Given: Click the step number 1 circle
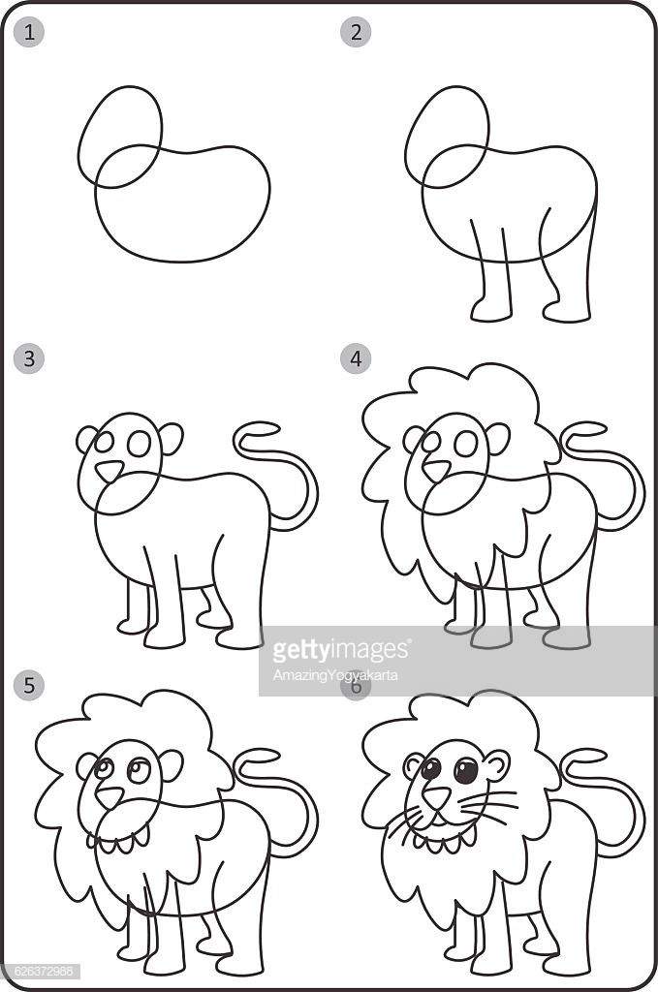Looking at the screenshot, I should point(30,32).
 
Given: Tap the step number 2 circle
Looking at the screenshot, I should point(357,32).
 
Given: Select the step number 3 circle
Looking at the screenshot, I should point(30,358).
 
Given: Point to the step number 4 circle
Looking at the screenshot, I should point(357,358).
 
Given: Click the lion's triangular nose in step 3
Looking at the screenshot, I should point(110,472).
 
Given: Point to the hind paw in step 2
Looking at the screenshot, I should point(567,312).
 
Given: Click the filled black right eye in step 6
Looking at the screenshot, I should point(466,771).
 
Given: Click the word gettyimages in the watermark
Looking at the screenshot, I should point(341,649).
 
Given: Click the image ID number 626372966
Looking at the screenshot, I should point(42,971).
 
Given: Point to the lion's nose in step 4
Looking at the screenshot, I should point(436,472).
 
